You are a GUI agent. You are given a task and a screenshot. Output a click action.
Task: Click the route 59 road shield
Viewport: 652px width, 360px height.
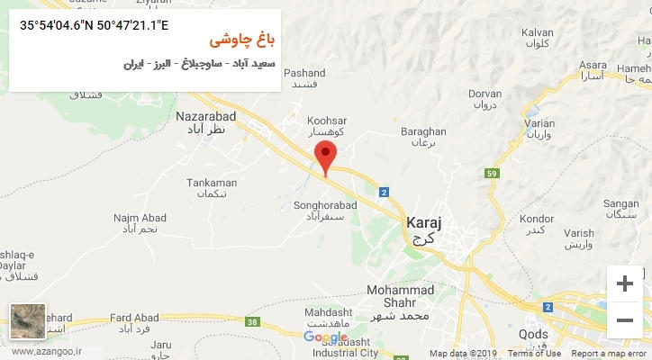coord(491,174)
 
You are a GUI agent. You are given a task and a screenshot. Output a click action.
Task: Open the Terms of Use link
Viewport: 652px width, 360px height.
coord(533,354)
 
